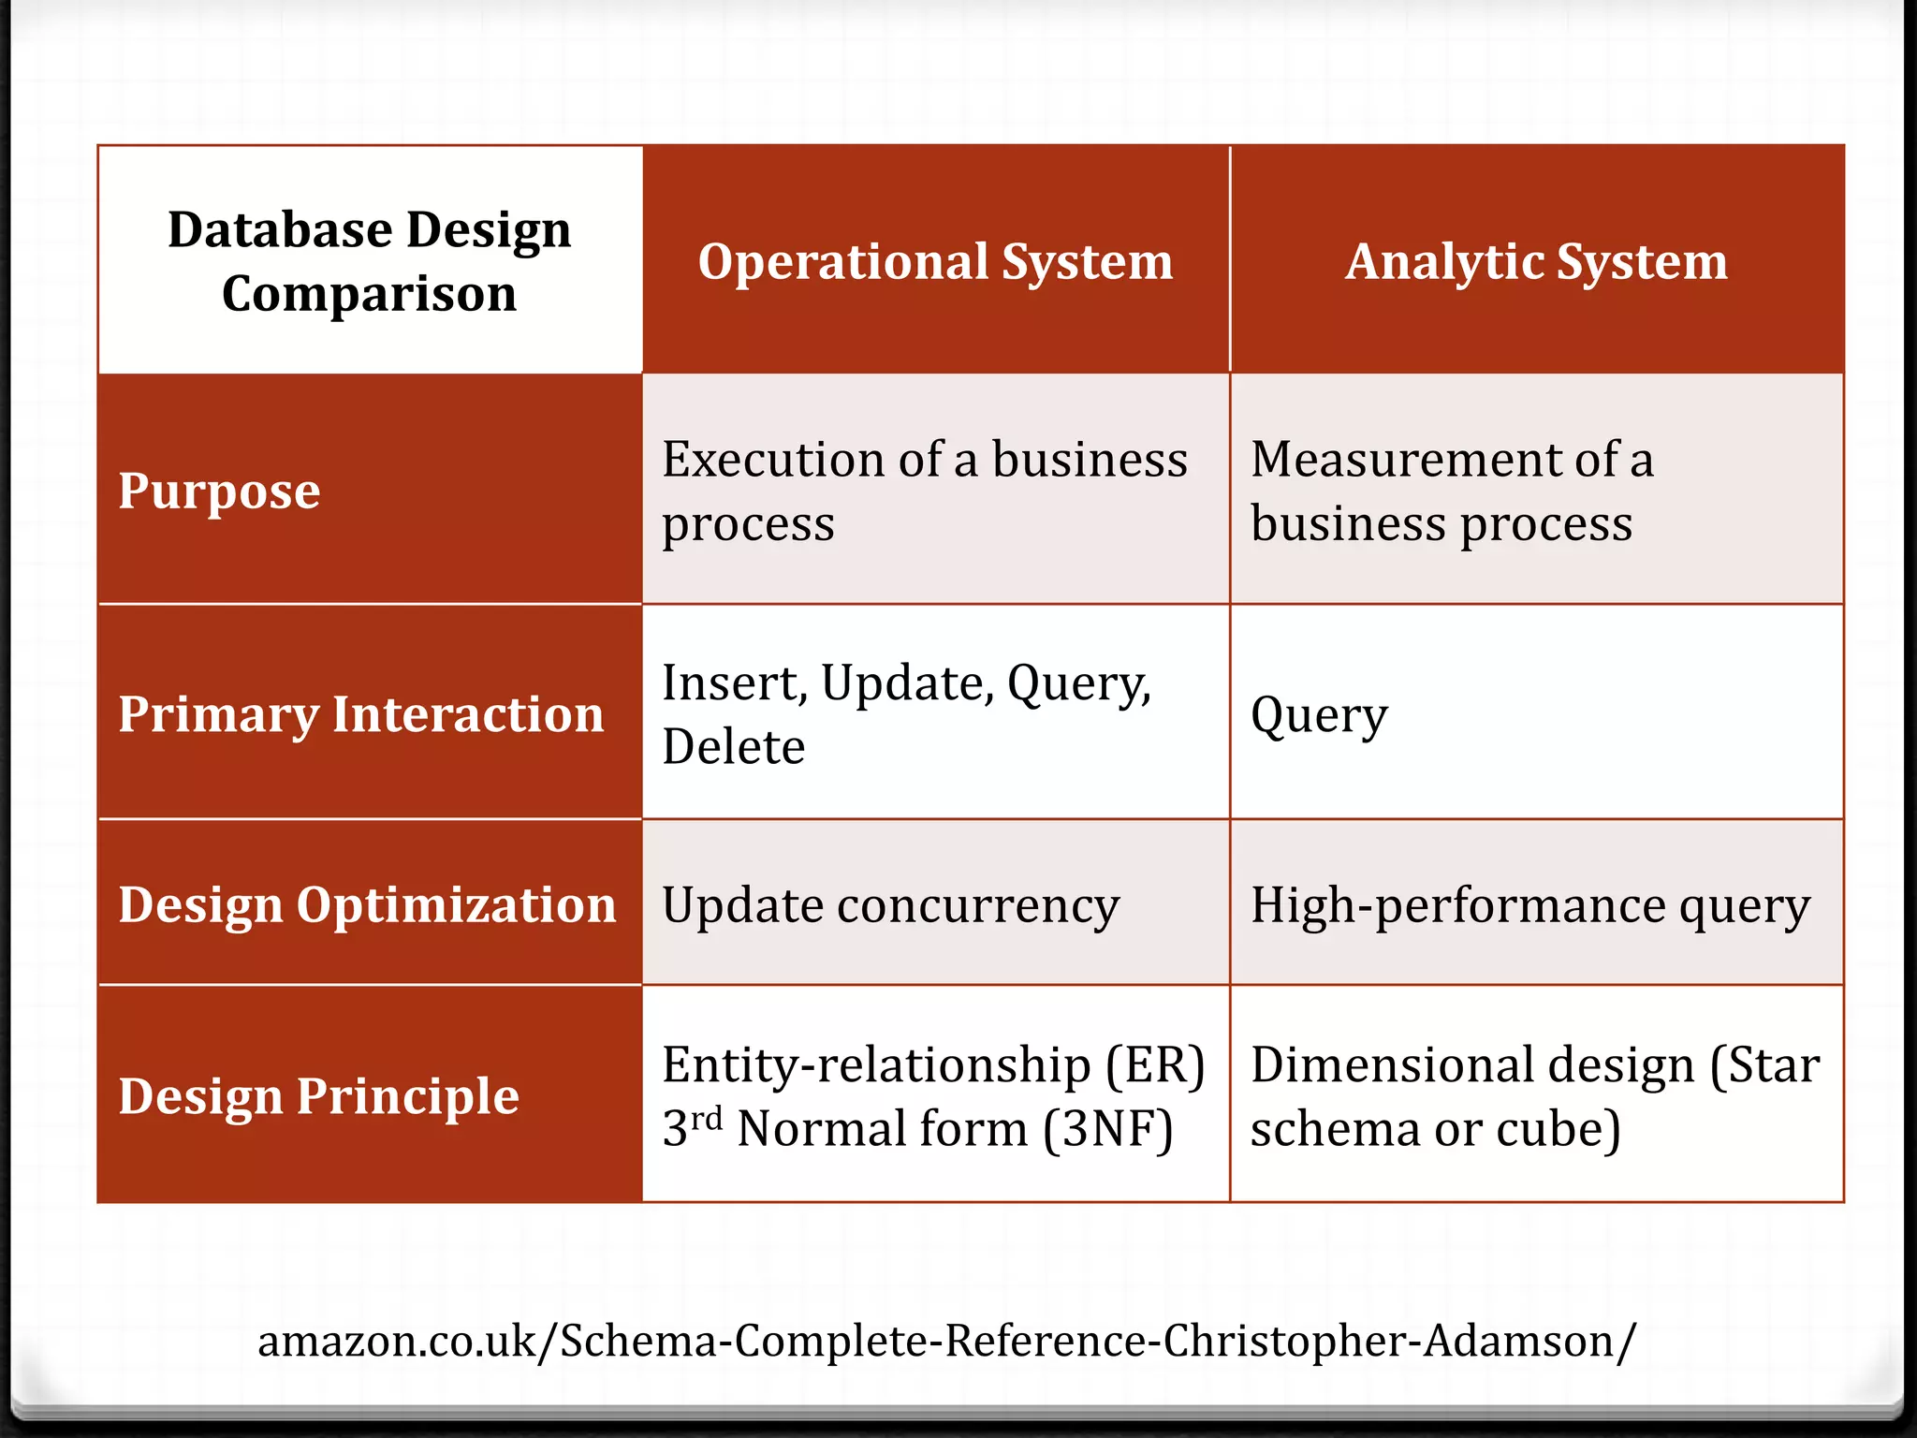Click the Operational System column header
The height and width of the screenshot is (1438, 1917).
point(935,261)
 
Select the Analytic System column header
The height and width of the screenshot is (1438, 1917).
point(1536,261)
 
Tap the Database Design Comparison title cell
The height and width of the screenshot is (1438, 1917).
point(370,261)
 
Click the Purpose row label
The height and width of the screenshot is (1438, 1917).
point(219,491)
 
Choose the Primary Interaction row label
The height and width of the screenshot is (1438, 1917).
point(361,714)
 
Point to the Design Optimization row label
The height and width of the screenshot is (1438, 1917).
point(367,905)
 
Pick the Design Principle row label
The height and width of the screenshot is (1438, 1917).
point(318,1096)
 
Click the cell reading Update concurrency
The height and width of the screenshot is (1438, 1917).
point(890,905)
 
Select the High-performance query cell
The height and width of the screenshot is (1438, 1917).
point(1530,905)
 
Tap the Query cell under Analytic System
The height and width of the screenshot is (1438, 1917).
point(1319,716)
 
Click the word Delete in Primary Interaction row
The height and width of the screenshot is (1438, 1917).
point(733,747)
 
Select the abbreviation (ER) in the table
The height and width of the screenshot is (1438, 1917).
point(1154,1065)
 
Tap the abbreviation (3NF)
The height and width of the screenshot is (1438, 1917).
point(1107,1129)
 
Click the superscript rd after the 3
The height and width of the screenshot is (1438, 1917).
point(708,1117)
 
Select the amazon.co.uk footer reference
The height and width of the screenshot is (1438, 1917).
point(946,1341)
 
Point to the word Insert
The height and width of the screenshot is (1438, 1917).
point(729,683)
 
